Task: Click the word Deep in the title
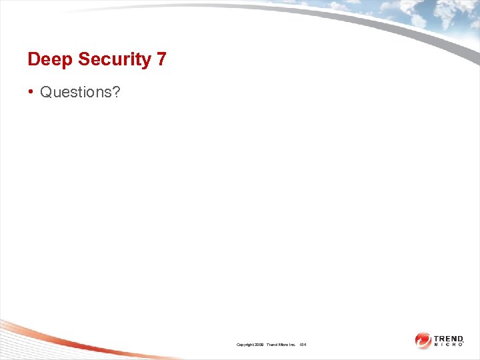point(50,59)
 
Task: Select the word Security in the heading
point(115,59)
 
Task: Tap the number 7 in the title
point(161,59)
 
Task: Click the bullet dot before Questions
point(31,92)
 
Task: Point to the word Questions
point(76,92)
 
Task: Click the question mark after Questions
point(116,92)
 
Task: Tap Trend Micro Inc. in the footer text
point(281,345)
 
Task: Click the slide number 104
point(303,345)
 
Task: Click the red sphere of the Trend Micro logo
point(423,341)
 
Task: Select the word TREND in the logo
point(448,339)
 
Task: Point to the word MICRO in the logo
point(448,345)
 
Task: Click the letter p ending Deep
point(68,61)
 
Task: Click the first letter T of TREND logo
point(436,339)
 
